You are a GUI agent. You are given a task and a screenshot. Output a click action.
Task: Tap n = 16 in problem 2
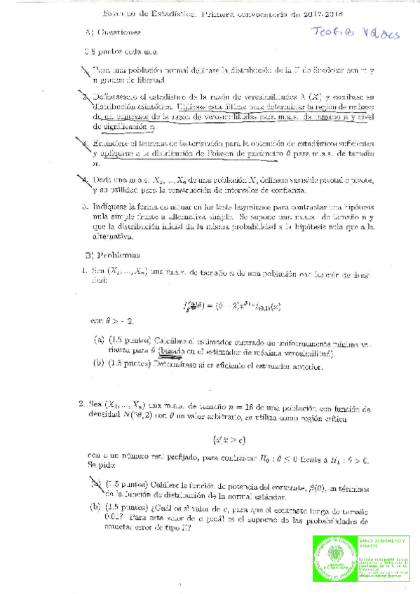point(244,406)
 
